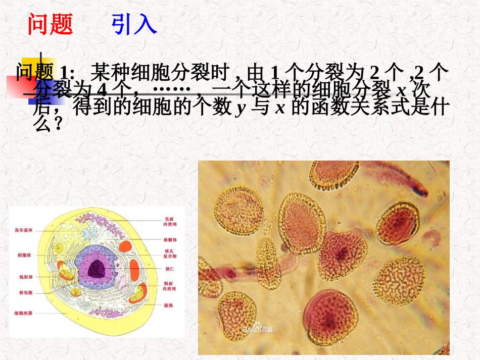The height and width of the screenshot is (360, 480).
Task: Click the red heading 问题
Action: click(50, 24)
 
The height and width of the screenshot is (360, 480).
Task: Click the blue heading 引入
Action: click(134, 24)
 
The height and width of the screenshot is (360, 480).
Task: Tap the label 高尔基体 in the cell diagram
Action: click(24, 230)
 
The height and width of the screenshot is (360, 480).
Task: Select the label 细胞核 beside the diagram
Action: click(24, 255)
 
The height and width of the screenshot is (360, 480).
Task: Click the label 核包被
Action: click(24, 292)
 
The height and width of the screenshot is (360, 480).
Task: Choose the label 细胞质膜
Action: click(24, 314)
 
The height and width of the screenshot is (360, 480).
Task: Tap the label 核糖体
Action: click(169, 239)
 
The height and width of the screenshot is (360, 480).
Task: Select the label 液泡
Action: click(168, 305)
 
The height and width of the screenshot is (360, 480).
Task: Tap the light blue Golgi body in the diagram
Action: click(91, 233)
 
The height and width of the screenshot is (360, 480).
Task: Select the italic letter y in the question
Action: click(240, 109)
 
